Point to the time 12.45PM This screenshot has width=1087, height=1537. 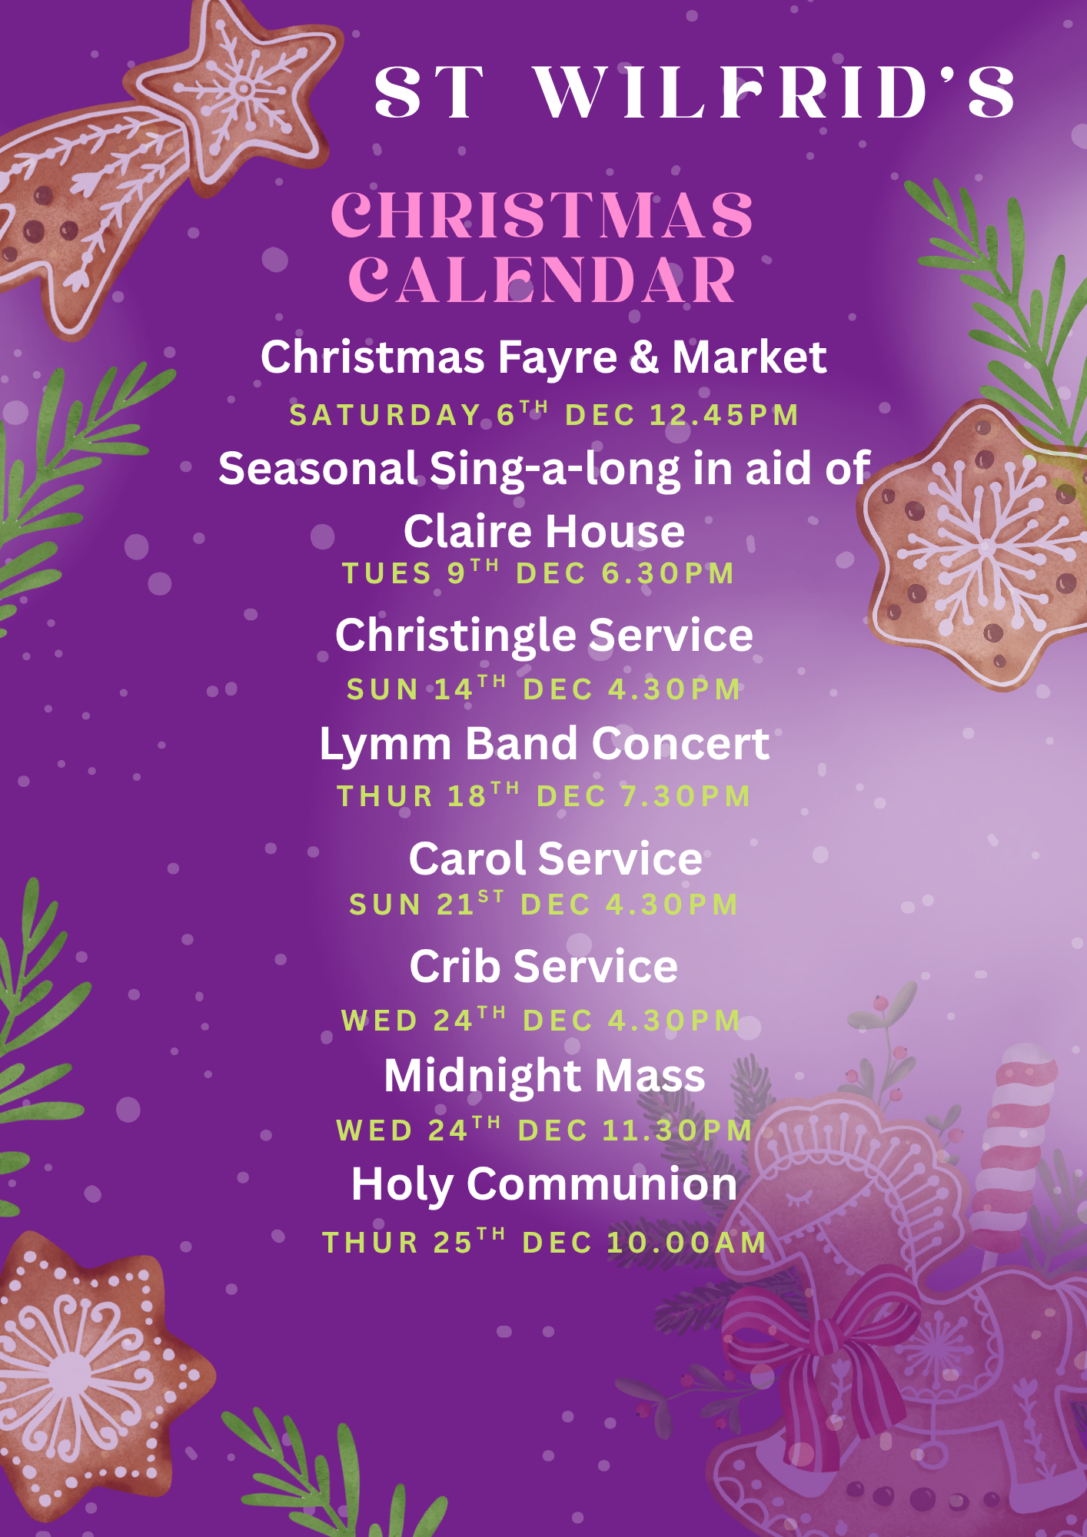coord(724,415)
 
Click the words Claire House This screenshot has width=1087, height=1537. coord(544,531)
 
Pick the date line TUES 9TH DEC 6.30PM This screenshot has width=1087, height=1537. coord(538,573)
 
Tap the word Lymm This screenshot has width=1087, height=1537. coord(385,744)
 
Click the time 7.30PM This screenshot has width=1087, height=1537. coord(686,796)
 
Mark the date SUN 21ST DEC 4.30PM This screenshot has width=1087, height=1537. coord(543,904)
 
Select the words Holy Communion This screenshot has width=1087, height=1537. coord(544,1185)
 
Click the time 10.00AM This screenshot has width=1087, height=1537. coord(686,1243)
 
